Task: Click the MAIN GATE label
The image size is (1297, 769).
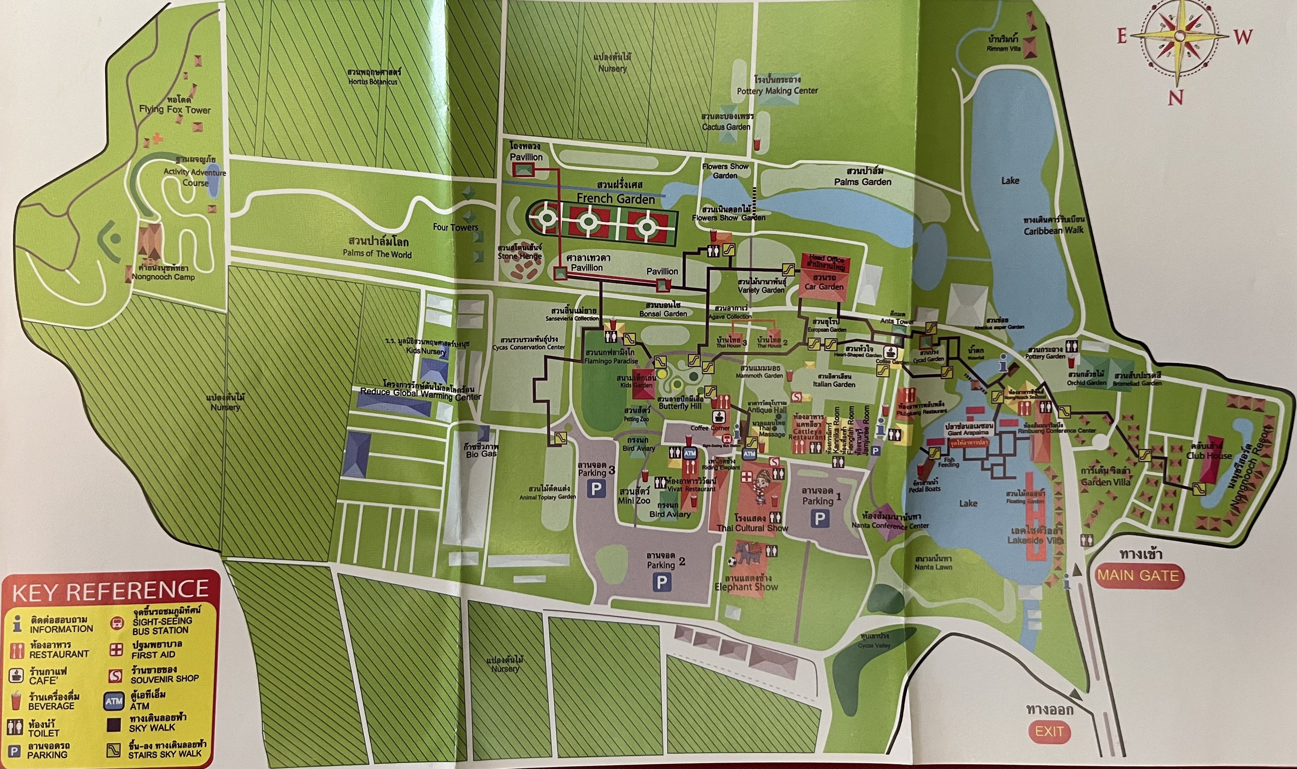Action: point(1138,575)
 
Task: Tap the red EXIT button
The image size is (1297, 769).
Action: point(1049,732)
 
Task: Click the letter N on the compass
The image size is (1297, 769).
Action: point(1175,97)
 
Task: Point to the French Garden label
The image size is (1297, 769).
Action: point(616,198)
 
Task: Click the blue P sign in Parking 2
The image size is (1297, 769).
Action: point(661,582)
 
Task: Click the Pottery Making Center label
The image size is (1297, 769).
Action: point(777,91)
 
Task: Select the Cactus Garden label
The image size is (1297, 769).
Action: point(726,126)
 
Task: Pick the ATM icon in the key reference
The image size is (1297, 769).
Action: point(114,701)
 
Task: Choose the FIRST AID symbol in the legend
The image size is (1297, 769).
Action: point(116,650)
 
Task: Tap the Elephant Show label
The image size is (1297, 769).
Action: point(746,587)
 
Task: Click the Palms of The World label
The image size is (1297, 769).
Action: point(377,254)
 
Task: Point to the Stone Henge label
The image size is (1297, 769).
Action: point(520,256)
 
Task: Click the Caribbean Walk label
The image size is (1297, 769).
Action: point(1053,231)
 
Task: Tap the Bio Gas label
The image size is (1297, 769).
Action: point(482,454)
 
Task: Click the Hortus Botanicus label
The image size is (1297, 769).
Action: point(373,82)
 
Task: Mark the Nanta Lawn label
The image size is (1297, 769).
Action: point(933,567)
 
